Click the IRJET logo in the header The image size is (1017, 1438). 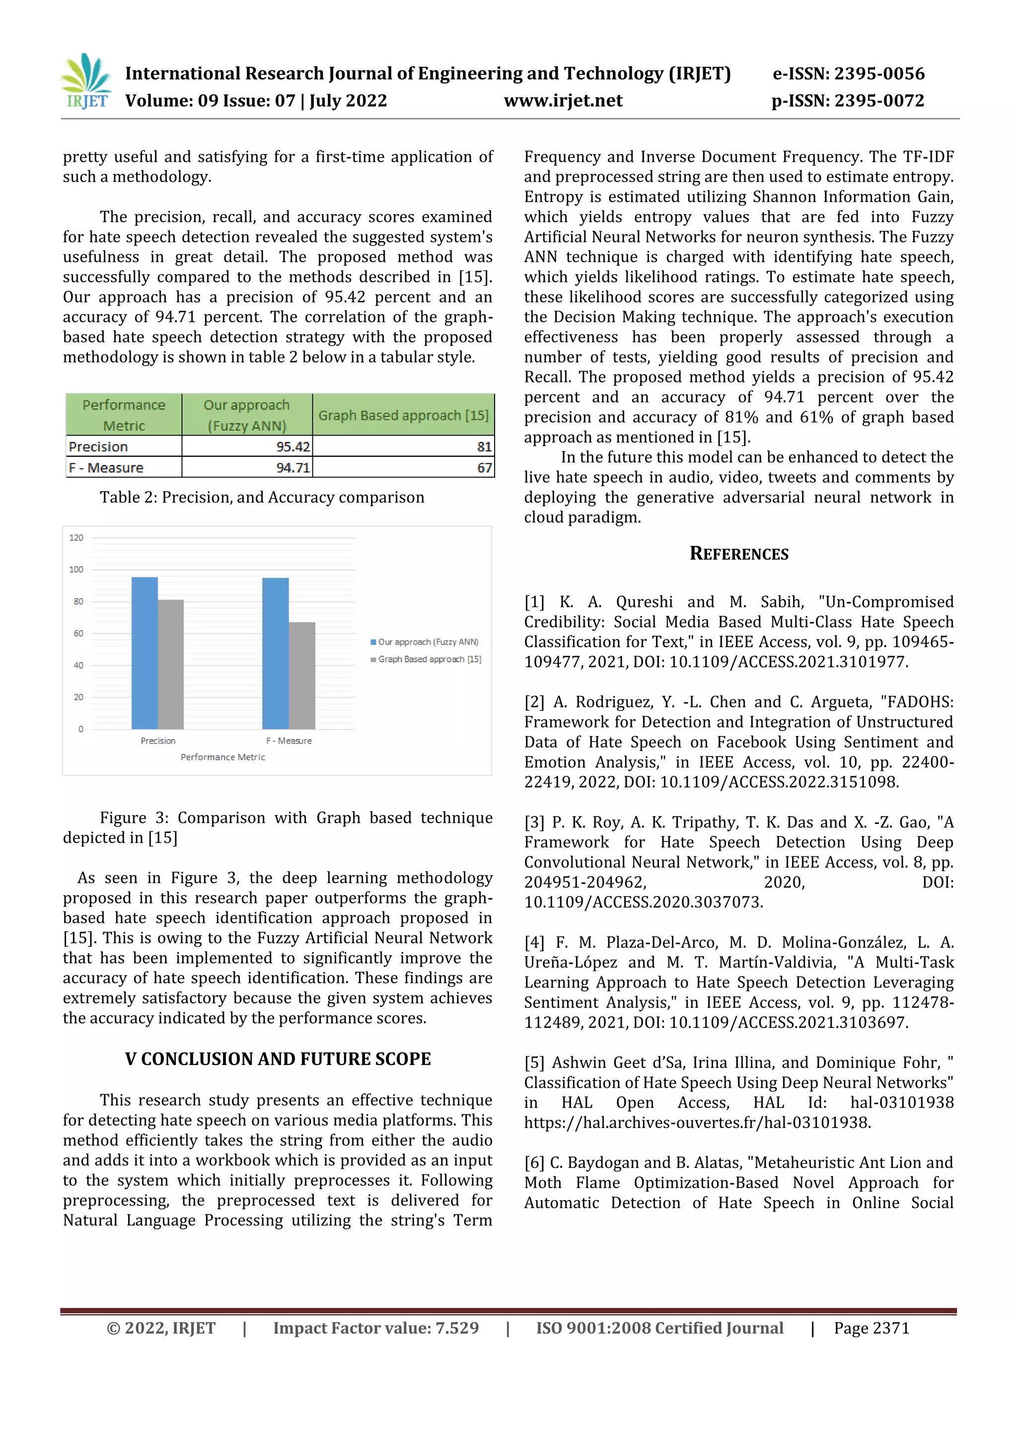pyautogui.click(x=87, y=82)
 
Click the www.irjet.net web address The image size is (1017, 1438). pyautogui.click(x=563, y=101)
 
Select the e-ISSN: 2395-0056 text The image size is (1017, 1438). pyautogui.click(x=848, y=74)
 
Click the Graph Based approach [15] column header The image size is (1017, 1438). pyautogui.click(x=403, y=415)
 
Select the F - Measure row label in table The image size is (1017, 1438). pyautogui.click(x=106, y=468)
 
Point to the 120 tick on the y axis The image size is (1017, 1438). pyautogui.click(x=76, y=537)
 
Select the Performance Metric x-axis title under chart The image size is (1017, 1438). pyautogui.click(x=223, y=757)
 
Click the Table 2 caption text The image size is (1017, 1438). pyautogui.click(x=262, y=497)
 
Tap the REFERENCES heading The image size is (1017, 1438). pyautogui.click(x=739, y=554)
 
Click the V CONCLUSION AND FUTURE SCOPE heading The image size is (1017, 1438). pyautogui.click(x=278, y=1059)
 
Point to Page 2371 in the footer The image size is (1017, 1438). pyautogui.click(x=871, y=1328)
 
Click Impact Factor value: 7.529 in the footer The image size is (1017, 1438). pyautogui.click(x=376, y=1328)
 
